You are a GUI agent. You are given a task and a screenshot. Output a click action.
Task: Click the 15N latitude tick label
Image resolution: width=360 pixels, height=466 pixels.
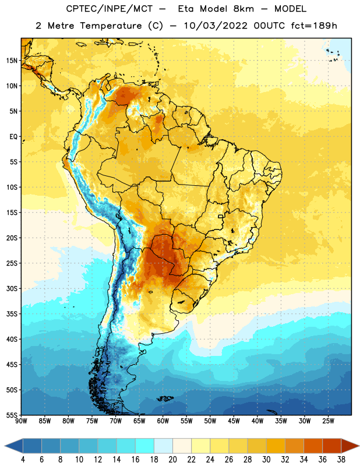pyautogui.click(x=12, y=61)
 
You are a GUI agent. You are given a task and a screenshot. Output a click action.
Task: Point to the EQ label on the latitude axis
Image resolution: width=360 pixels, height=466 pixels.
pyautogui.click(x=13, y=137)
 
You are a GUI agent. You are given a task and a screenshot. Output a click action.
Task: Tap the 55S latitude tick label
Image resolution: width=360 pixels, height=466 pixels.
pyautogui.click(x=12, y=415)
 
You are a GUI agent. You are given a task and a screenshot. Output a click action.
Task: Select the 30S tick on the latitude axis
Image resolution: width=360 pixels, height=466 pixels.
pyautogui.click(x=12, y=288)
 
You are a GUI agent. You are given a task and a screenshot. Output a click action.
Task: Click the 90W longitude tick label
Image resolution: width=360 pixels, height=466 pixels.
pyautogui.click(x=21, y=421)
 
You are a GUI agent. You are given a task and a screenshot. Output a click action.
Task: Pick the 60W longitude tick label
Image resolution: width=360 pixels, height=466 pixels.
pyautogui.click(x=163, y=421)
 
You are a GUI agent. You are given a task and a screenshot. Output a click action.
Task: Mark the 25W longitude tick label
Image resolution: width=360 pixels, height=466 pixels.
pyautogui.click(x=328, y=421)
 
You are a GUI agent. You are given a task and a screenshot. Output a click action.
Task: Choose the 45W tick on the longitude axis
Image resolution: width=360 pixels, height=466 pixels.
pyautogui.click(x=234, y=421)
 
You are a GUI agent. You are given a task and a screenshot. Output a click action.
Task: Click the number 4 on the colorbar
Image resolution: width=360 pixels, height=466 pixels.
pyautogui.click(x=23, y=460)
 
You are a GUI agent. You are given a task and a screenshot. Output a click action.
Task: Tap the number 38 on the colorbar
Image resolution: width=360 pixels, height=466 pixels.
pyautogui.click(x=341, y=460)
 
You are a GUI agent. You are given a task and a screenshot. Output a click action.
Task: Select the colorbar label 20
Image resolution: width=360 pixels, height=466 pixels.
pyautogui.click(x=172, y=460)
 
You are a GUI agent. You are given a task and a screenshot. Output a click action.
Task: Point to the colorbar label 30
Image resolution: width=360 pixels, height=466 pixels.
pyautogui.click(x=266, y=460)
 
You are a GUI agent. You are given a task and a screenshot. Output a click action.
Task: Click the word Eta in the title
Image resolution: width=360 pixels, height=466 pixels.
pyautogui.click(x=185, y=9)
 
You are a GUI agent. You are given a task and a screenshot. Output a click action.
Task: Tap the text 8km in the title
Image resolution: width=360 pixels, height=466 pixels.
pyautogui.click(x=243, y=9)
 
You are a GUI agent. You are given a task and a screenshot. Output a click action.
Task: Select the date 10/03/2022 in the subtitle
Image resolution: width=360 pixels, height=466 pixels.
pyautogui.click(x=216, y=26)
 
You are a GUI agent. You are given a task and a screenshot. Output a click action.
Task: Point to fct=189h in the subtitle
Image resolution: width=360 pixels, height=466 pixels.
pyautogui.click(x=314, y=26)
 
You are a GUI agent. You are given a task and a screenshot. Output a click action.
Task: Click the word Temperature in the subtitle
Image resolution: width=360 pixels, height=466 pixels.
pyautogui.click(x=111, y=26)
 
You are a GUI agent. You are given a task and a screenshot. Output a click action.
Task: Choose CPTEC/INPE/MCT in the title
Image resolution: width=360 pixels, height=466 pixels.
pyautogui.click(x=110, y=9)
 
